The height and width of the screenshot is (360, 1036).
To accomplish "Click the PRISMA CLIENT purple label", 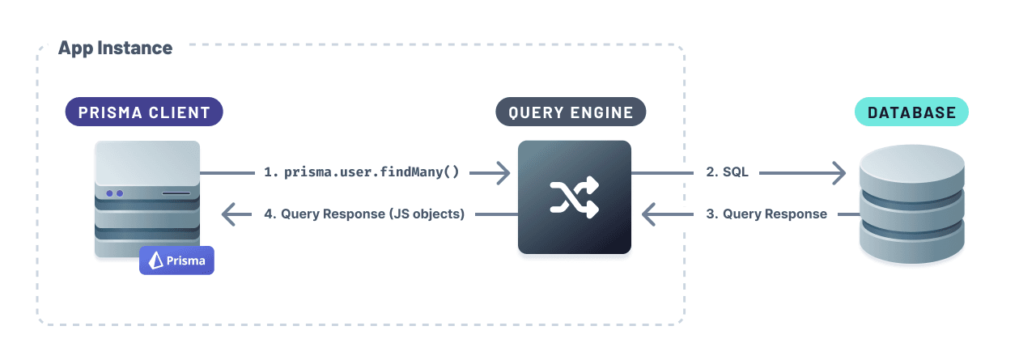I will (144, 112).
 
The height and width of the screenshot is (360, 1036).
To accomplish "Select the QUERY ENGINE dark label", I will (571, 112).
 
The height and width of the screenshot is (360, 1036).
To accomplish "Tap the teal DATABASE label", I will (911, 112).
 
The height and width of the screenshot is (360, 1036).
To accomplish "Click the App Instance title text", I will (115, 48).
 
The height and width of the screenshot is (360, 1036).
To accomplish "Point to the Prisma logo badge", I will (176, 260).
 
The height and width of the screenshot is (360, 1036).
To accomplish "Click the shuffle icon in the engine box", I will (575, 197).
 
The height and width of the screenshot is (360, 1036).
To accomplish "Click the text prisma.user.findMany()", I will (372, 172).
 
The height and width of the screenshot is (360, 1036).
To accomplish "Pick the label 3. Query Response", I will (766, 214).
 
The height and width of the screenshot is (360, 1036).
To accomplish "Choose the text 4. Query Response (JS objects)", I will (364, 214).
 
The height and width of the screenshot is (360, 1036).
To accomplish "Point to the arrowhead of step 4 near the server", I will (231, 214).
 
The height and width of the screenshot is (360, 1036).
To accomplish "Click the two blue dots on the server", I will (114, 193).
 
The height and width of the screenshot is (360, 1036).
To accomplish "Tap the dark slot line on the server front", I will (176, 194).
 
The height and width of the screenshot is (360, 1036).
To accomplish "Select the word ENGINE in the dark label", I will (603, 112).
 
